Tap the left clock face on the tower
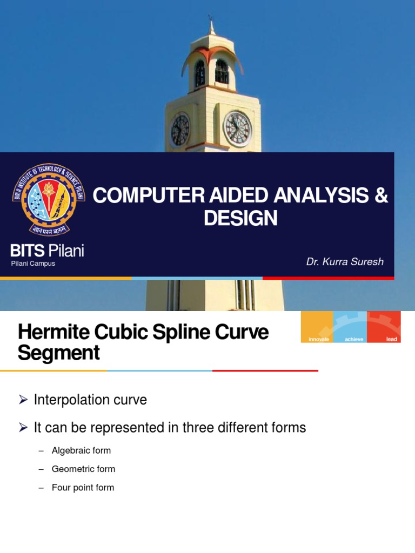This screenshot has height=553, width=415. [x=180, y=130]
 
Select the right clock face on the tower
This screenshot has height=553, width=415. [x=237, y=129]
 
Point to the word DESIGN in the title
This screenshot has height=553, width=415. [x=240, y=218]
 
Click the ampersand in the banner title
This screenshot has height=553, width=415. [x=381, y=196]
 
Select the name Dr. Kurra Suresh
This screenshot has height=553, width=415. [x=345, y=262]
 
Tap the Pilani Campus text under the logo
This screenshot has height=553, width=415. [x=33, y=264]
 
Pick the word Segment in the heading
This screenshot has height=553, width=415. [x=58, y=353]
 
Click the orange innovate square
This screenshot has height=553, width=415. [x=317, y=327]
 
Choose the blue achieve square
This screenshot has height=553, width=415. [x=350, y=327]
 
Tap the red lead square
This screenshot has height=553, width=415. [x=384, y=327]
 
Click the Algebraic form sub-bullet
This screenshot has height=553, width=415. [x=81, y=450]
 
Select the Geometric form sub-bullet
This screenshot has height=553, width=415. [x=83, y=469]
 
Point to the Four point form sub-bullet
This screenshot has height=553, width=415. [x=83, y=488]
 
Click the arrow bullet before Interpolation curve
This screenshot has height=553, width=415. [x=23, y=400]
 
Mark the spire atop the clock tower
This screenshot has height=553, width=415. [x=211, y=24]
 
